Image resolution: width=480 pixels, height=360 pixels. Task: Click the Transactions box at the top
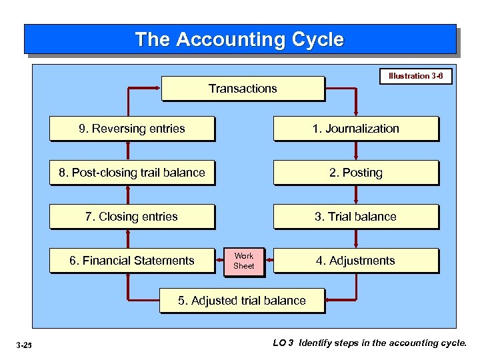(x=243, y=89)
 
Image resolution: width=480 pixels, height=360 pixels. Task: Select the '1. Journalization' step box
(x=356, y=129)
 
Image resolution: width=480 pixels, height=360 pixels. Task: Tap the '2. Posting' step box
(x=356, y=173)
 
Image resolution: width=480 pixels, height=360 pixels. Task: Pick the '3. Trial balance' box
(x=356, y=217)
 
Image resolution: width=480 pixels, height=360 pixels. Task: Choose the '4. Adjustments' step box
(x=356, y=261)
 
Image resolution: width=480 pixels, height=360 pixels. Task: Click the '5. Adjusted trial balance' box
(x=242, y=301)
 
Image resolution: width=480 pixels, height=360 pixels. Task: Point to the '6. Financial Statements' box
(x=132, y=261)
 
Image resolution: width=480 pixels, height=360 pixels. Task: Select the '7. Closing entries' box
(x=132, y=217)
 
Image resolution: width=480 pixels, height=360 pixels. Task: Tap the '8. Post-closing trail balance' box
(x=132, y=173)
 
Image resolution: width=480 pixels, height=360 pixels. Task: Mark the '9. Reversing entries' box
(x=132, y=129)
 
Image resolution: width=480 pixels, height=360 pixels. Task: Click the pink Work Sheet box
(x=244, y=261)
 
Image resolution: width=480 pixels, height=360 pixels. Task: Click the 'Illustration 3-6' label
(x=415, y=76)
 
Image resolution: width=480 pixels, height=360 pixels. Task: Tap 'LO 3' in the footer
(x=283, y=343)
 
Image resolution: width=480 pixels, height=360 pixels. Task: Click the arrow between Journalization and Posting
(x=357, y=151)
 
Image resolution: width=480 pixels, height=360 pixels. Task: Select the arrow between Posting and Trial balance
(x=357, y=195)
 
